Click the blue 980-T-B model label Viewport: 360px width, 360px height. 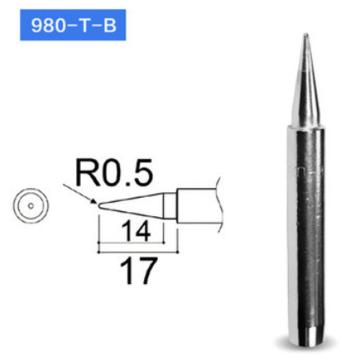pyautogui.click(x=63, y=30)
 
